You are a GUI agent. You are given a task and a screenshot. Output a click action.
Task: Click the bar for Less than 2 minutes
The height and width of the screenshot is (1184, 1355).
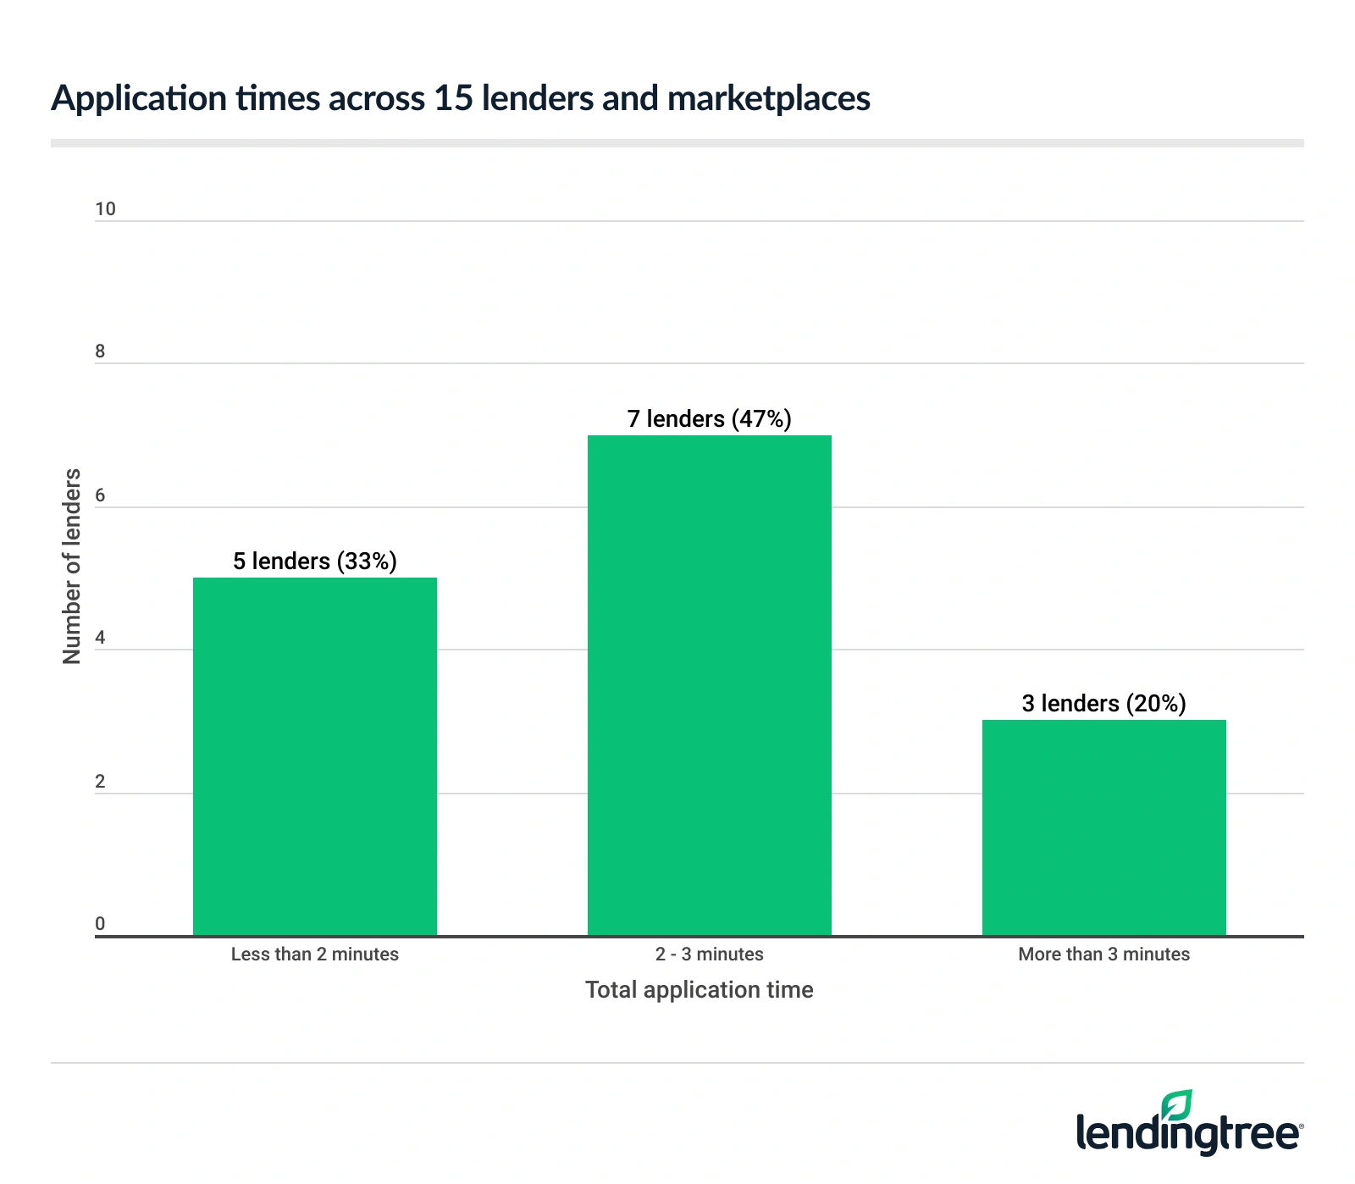pos(314,756)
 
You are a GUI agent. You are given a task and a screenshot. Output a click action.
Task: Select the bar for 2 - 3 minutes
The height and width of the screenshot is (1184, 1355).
pos(709,685)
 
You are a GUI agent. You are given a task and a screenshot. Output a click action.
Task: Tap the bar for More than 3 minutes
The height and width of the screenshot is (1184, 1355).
pos(1103,827)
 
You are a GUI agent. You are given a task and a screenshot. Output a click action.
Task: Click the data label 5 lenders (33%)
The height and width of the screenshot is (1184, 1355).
pos(314,561)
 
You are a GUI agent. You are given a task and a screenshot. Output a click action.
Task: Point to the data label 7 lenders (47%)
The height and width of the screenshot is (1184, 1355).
pos(709,418)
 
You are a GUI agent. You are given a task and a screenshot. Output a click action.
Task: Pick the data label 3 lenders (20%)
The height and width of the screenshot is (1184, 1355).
pos(1103,703)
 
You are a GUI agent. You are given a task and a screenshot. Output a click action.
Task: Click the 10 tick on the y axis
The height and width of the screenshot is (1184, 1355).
pos(105,209)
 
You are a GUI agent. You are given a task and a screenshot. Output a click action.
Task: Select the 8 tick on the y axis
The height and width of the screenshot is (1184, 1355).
pos(100,351)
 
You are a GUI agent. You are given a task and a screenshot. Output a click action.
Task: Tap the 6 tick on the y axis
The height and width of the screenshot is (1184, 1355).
pos(100,495)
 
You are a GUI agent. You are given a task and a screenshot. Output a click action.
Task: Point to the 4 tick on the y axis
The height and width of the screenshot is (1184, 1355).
pos(100,638)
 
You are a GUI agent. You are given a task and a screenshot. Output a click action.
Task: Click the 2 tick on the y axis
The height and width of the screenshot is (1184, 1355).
pos(100,782)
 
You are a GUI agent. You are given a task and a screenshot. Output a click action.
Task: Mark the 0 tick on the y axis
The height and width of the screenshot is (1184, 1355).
pos(100,924)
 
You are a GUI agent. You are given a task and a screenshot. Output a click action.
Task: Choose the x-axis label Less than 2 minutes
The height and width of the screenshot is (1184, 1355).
pos(314,954)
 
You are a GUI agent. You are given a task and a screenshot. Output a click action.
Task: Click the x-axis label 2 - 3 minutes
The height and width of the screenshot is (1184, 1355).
pos(709,954)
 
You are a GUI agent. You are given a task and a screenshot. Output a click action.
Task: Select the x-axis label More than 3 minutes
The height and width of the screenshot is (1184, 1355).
pos(1103,954)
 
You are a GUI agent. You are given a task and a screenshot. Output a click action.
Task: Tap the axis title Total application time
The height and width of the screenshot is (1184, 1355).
pos(699,990)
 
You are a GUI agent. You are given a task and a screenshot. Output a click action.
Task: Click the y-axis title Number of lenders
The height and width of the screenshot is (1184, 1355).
pos(72,566)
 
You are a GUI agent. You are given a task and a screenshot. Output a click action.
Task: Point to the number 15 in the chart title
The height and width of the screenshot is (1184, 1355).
pos(452,98)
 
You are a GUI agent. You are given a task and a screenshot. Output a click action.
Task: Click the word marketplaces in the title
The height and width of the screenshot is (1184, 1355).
pos(768,99)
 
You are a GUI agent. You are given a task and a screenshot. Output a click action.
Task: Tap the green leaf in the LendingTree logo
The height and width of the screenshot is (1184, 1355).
pos(1176,1106)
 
